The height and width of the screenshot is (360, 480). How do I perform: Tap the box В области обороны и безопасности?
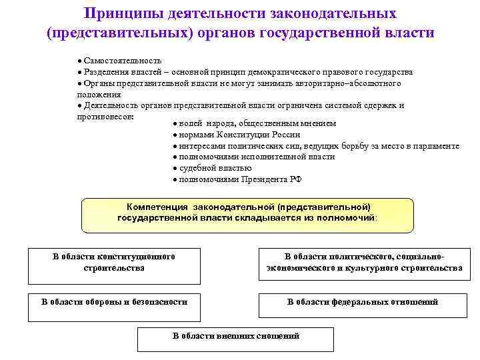[x=114, y=302]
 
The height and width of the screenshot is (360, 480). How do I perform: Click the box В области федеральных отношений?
[x=362, y=302]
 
